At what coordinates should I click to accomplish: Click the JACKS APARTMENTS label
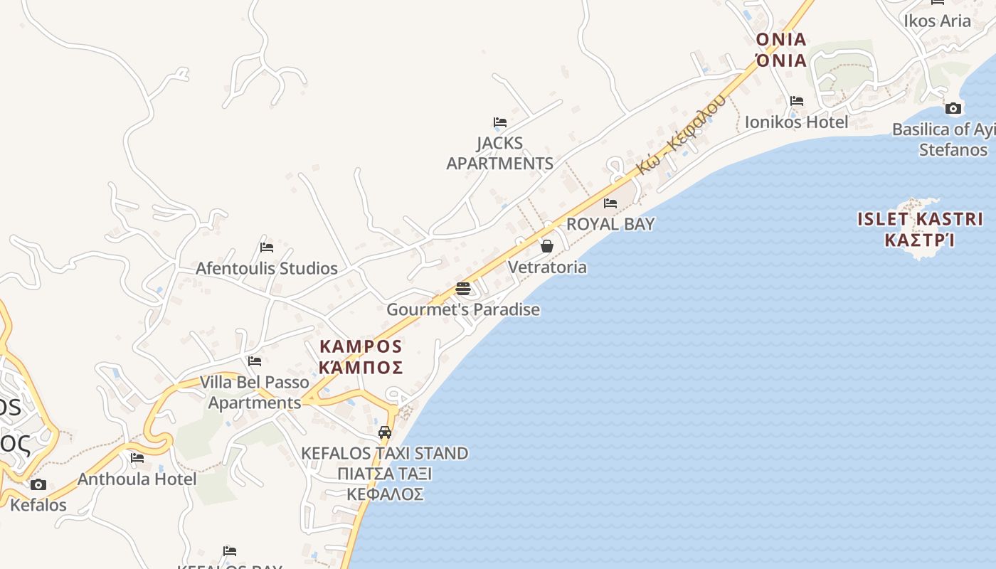pyautogui.click(x=499, y=153)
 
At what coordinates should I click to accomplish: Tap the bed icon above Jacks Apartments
pyautogui.click(x=500, y=122)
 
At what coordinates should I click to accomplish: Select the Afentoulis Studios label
pyautogui.click(x=267, y=268)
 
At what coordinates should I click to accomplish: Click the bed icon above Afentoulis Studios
pyautogui.click(x=267, y=248)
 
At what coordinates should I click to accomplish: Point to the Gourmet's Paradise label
pyautogui.click(x=463, y=309)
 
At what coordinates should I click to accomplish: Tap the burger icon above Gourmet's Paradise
pyautogui.click(x=463, y=289)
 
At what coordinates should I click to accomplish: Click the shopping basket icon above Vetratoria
pyautogui.click(x=547, y=247)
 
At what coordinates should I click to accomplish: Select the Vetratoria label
pyautogui.click(x=547, y=267)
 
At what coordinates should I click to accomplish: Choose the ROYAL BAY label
pyautogui.click(x=610, y=223)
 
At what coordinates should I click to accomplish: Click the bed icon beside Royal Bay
pyautogui.click(x=610, y=203)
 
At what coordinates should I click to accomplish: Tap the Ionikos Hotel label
pyautogui.click(x=796, y=122)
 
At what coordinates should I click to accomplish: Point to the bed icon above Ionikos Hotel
pyautogui.click(x=797, y=101)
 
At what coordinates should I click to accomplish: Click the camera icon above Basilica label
pyautogui.click(x=953, y=109)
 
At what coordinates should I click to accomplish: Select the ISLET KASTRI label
pyautogui.click(x=920, y=219)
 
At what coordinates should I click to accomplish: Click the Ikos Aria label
pyautogui.click(x=937, y=21)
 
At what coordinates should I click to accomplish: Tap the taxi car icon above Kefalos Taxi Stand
pyautogui.click(x=385, y=432)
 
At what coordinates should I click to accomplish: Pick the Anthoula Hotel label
pyautogui.click(x=137, y=479)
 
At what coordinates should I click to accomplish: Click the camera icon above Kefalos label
pyautogui.click(x=38, y=485)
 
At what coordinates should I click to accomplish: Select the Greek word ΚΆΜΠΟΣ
pyautogui.click(x=361, y=367)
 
